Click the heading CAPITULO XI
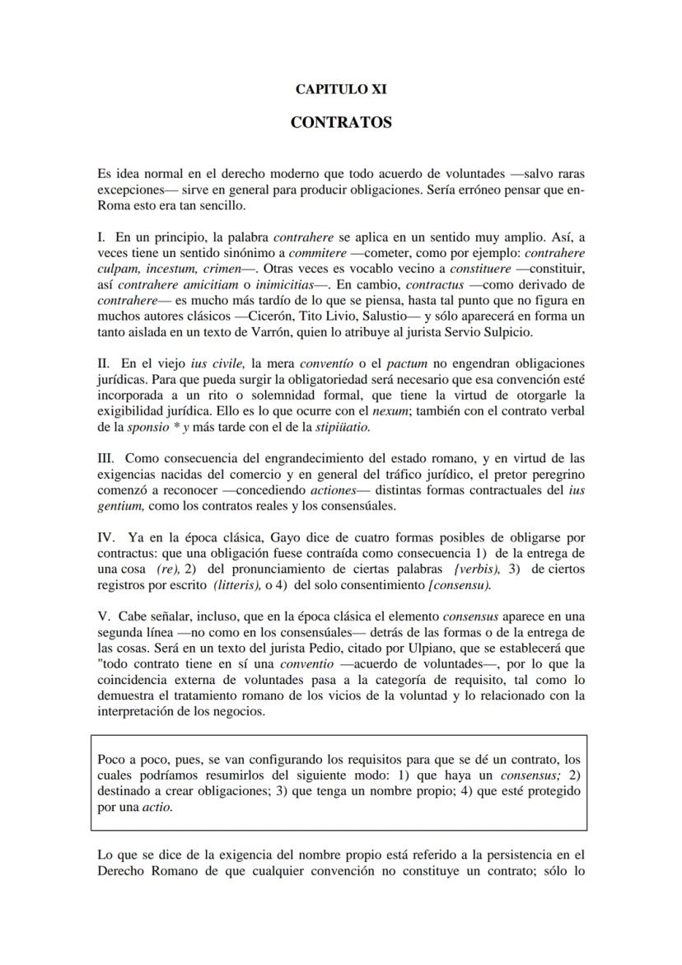coord(341,90)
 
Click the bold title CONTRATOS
coord(341,123)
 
